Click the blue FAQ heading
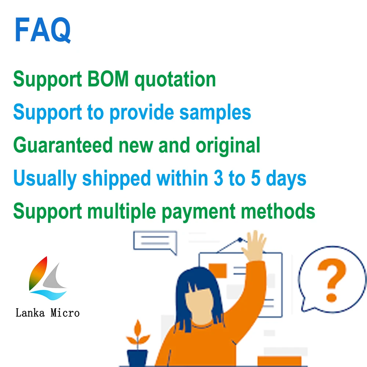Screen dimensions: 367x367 pyautogui.click(x=43, y=30)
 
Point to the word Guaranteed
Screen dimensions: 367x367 pyautogui.click(x=63, y=145)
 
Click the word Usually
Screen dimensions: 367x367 pyautogui.click(x=45, y=179)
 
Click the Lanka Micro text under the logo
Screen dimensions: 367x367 pyautogui.click(x=47, y=313)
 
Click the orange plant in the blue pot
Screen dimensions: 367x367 pyautogui.click(x=137, y=334)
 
